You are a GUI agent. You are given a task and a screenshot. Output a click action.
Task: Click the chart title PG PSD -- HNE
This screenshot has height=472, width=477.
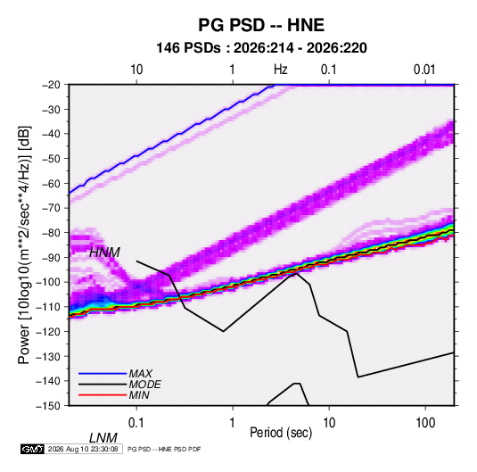(x=261, y=25)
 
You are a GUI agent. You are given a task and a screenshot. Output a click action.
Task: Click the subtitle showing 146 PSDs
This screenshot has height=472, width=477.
(x=261, y=48)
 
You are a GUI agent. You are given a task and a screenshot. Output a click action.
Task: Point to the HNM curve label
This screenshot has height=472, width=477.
(x=104, y=253)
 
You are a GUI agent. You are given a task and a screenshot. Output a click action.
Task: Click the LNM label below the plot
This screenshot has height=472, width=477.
(x=103, y=438)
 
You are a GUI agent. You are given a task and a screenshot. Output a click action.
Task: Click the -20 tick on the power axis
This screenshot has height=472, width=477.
(x=51, y=85)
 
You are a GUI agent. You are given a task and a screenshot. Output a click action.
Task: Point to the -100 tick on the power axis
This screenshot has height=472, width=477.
(x=48, y=282)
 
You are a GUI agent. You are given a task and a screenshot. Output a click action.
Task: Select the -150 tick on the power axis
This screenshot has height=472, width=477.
(x=48, y=405)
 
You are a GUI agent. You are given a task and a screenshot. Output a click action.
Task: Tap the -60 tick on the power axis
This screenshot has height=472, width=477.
(x=51, y=183)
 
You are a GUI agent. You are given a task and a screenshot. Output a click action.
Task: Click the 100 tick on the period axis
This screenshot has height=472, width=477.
(x=425, y=423)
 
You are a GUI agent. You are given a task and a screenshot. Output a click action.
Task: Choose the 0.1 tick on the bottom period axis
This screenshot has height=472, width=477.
(x=136, y=423)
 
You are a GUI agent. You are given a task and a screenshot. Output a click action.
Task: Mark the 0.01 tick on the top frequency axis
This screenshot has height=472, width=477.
(x=424, y=70)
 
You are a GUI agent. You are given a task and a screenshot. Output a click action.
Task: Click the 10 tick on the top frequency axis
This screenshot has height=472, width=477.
(x=136, y=70)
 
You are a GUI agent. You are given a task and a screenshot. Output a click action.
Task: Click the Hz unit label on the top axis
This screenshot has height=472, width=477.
(x=281, y=70)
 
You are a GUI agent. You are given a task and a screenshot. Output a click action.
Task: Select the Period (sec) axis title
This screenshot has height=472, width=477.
(x=281, y=433)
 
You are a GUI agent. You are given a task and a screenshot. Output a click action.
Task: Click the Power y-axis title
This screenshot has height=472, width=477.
(x=24, y=244)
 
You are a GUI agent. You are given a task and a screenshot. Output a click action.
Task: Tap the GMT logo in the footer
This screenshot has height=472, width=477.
(x=33, y=449)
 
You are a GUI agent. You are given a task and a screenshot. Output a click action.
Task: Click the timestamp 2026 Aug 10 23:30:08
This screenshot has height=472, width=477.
(x=83, y=449)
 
